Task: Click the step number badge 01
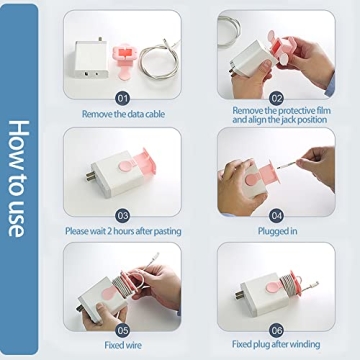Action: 122,98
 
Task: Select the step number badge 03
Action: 122,214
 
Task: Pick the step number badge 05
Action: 122,329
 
